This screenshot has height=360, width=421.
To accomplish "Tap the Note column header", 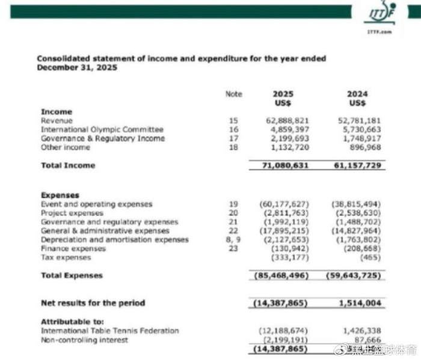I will click(x=233, y=94).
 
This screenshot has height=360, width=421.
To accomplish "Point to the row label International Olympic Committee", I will click(x=102, y=129).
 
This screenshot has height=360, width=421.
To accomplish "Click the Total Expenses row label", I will click(x=72, y=275).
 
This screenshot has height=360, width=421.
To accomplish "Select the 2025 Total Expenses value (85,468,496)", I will click(x=282, y=276).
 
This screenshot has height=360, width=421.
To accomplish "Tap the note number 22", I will click(x=234, y=231).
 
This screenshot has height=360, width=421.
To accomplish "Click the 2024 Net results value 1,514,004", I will click(x=361, y=303).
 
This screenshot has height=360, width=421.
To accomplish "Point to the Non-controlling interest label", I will click(x=84, y=340).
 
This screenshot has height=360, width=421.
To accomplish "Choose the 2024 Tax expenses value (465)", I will click(x=370, y=257).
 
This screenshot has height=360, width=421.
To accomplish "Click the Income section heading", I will click(x=56, y=112).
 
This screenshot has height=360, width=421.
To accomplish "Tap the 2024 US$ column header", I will click(x=357, y=99).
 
